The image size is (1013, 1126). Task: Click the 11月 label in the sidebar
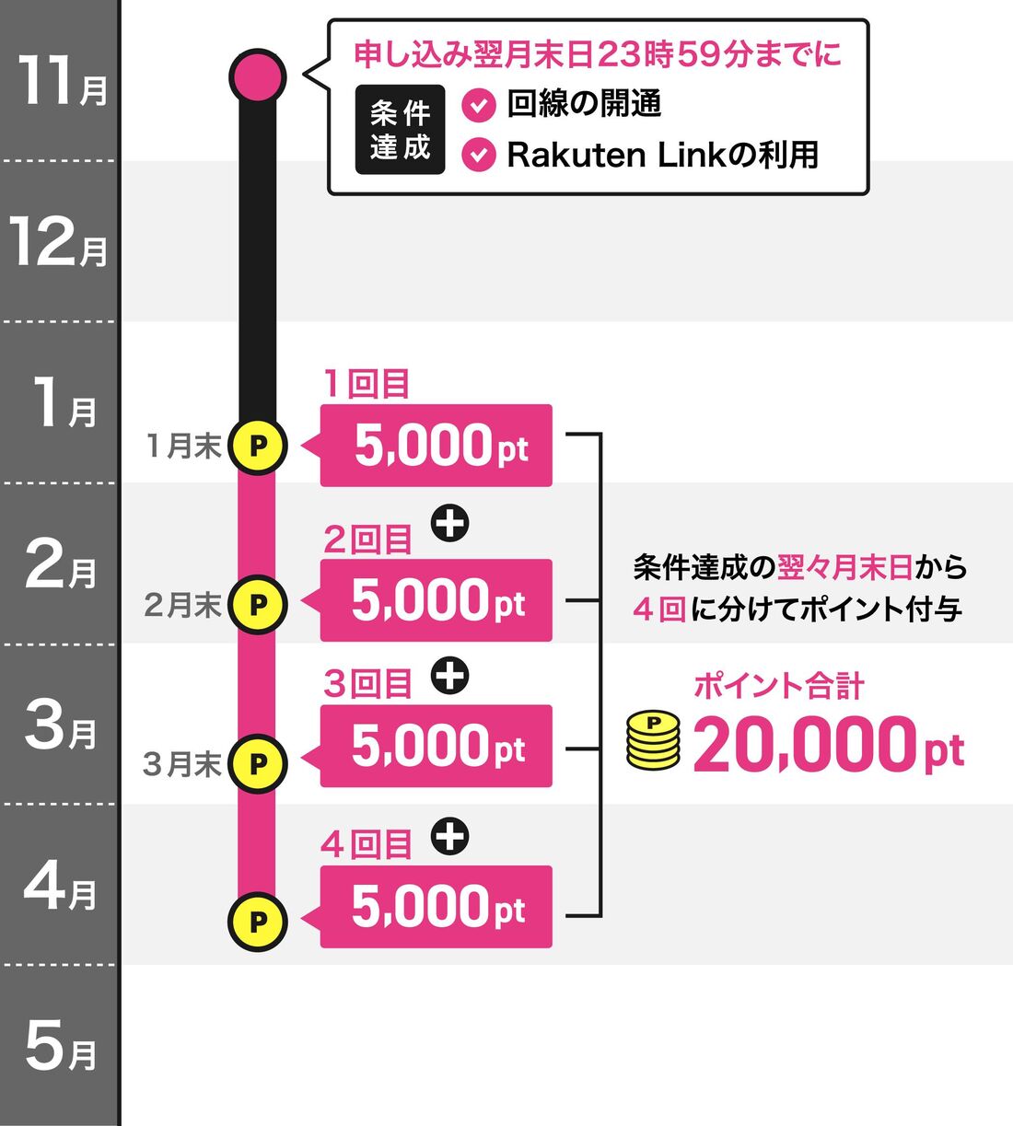(x=61, y=81)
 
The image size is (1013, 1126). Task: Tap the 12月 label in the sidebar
(x=59, y=243)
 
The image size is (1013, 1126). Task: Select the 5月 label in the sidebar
(x=61, y=1048)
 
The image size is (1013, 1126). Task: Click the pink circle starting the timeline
(x=258, y=76)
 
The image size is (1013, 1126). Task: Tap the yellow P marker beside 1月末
(x=258, y=446)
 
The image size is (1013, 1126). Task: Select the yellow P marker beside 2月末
(x=258, y=604)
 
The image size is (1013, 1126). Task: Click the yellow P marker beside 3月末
(x=258, y=763)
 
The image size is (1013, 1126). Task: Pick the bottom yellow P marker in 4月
(x=258, y=921)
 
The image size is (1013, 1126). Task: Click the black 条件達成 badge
(x=400, y=130)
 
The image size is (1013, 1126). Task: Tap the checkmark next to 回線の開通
(x=478, y=106)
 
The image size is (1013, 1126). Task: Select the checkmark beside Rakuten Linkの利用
(x=478, y=155)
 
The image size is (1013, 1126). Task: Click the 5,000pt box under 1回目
(x=437, y=446)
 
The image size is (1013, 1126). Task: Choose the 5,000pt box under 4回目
(x=437, y=907)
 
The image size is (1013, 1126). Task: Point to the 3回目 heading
(x=367, y=684)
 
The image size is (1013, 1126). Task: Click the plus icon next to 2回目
(x=450, y=524)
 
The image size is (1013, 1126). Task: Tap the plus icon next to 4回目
(x=450, y=837)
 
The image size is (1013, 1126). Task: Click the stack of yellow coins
(x=653, y=740)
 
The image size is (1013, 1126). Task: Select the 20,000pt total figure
(x=828, y=745)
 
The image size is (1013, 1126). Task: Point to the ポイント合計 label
(x=778, y=686)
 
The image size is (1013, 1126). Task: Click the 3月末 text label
(x=182, y=764)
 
